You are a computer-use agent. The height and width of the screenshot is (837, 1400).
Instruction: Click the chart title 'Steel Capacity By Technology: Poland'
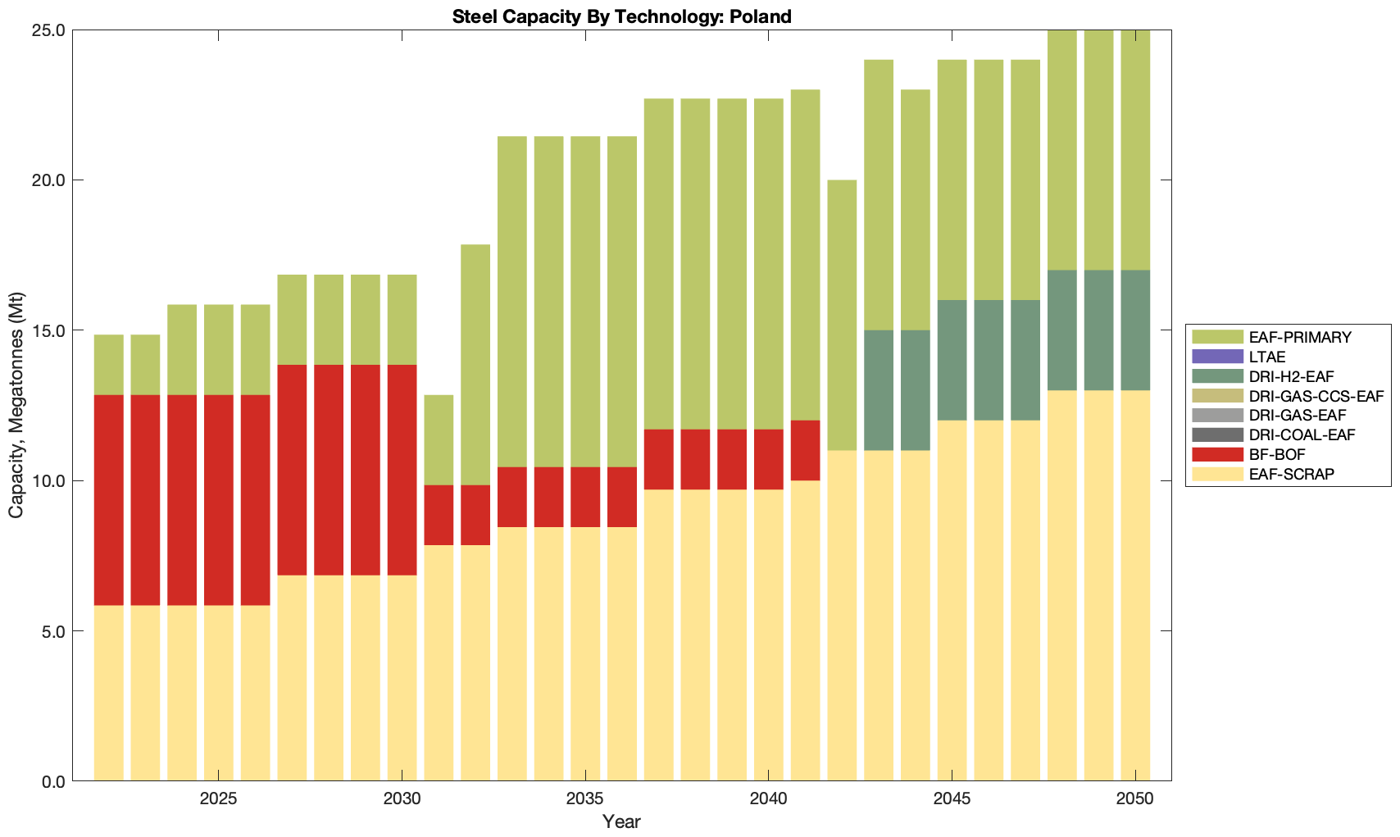coord(621,16)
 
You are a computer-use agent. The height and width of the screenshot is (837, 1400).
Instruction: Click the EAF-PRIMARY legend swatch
coord(1218,337)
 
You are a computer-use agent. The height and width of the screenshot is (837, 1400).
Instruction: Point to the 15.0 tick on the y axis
coord(49,330)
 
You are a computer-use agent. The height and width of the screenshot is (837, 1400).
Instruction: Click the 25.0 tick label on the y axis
coord(49,30)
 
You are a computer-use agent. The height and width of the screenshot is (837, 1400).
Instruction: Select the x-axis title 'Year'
coord(621,822)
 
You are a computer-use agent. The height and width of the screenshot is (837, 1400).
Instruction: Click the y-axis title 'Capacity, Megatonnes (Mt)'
coord(16,405)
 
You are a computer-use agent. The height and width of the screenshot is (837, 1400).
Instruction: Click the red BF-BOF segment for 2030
coord(402,470)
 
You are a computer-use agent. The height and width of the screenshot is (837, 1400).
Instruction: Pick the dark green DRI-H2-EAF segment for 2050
coord(1135,330)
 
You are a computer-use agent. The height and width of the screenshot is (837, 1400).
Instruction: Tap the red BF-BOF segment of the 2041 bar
coord(805,450)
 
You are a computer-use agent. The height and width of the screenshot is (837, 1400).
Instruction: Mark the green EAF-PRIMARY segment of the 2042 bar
coord(842,315)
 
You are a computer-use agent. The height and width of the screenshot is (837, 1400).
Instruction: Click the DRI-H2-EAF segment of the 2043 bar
coord(879,390)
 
